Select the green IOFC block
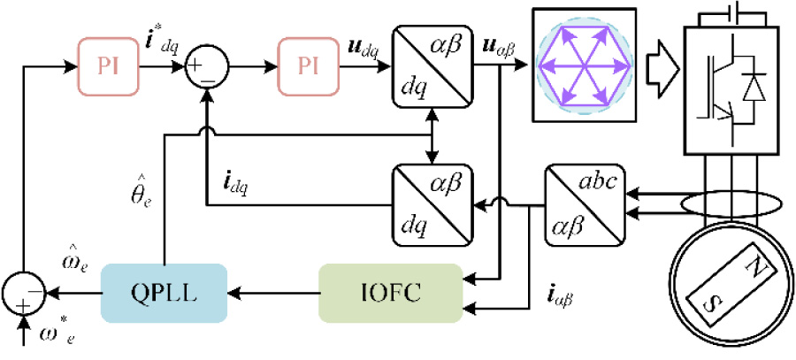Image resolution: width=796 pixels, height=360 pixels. pyautogui.click(x=390, y=291)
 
